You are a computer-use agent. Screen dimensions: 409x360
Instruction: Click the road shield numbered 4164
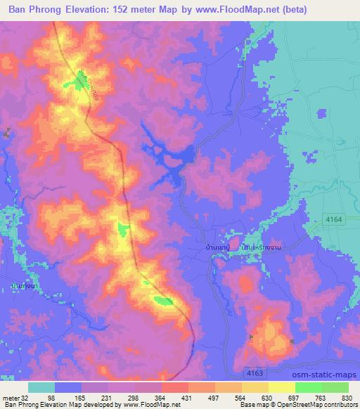[x=333, y=220]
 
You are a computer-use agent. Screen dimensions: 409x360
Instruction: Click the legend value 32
[x=28, y=398]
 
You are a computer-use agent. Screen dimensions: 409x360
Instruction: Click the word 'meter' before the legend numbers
[x=11, y=398]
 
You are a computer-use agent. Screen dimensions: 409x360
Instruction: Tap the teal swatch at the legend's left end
[x=41, y=387]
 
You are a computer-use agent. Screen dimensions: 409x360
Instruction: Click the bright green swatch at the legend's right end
[x=335, y=387]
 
